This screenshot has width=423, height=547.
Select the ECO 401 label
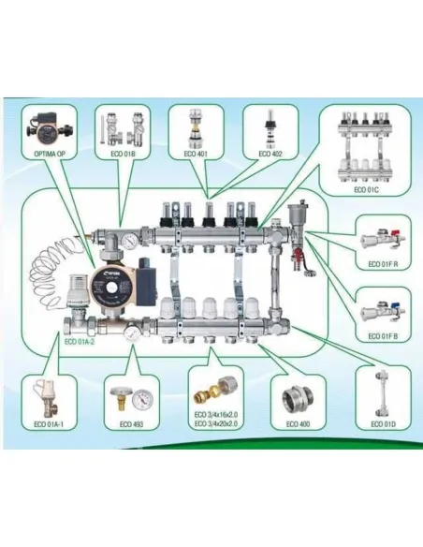(196, 154)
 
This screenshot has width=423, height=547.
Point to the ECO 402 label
(270, 154)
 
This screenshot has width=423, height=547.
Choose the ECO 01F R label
(384, 265)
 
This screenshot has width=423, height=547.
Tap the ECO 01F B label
(384, 335)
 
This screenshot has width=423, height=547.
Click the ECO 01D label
(384, 424)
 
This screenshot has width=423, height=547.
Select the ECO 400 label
(298, 424)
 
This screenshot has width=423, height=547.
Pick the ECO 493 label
(132, 424)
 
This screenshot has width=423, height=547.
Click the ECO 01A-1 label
(48, 424)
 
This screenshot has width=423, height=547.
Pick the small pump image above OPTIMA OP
(47, 126)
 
